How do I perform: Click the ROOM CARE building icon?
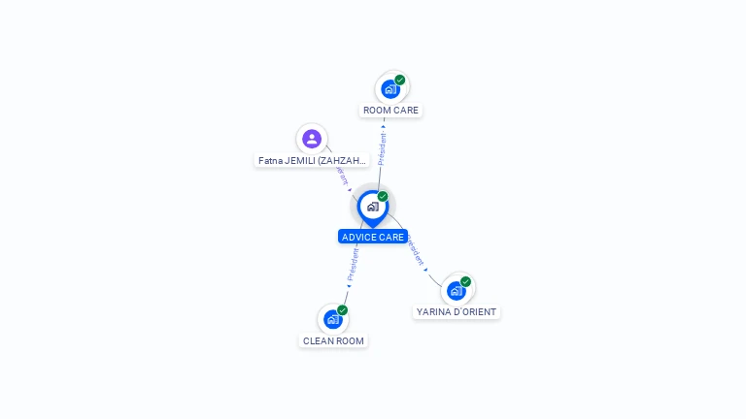(390, 89)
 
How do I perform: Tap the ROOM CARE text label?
(390, 111)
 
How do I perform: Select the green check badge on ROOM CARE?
(400, 80)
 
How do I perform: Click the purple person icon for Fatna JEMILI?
(311, 139)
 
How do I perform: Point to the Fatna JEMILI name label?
(313, 160)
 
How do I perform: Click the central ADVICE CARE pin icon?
(372, 207)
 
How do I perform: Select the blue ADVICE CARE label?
(373, 237)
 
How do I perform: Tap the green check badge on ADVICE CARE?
(383, 197)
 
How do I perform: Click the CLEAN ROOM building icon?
(333, 319)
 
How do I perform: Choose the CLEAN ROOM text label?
(334, 341)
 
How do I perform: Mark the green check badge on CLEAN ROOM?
(343, 310)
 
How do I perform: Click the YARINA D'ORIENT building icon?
(456, 290)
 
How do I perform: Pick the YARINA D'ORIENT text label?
(457, 312)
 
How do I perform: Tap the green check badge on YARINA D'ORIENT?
(466, 281)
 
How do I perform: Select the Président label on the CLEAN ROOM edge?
(354, 263)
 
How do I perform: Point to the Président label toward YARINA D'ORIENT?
(415, 249)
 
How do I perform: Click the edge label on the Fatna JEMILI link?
(341, 174)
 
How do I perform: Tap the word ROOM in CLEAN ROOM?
(351, 341)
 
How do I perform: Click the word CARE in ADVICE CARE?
(390, 237)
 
